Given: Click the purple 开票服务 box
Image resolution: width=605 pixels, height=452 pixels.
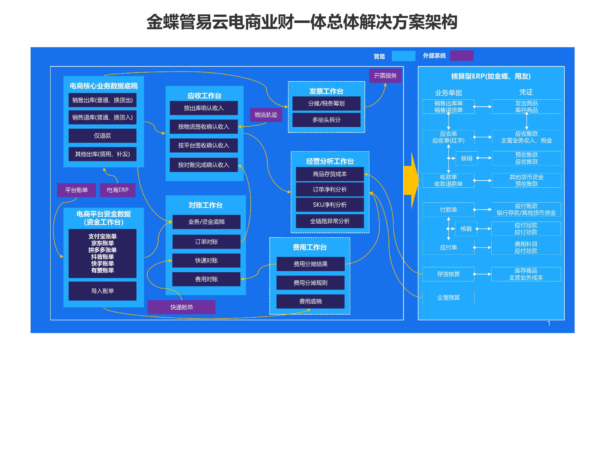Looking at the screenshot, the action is (385, 76).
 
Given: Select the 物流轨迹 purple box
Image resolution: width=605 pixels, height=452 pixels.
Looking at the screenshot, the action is (266, 115).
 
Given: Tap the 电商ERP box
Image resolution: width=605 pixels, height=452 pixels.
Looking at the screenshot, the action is (118, 190).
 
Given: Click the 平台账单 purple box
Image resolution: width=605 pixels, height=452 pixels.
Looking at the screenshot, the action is (76, 190).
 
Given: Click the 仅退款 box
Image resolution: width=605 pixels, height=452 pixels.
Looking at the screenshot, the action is (103, 136).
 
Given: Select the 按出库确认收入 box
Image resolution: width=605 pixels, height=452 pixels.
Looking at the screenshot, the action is (204, 108).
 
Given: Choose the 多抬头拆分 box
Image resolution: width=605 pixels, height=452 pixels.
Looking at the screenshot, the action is (326, 120).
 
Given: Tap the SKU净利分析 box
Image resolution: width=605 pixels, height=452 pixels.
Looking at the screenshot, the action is (330, 205).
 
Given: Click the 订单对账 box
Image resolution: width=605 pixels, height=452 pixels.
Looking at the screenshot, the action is (207, 242).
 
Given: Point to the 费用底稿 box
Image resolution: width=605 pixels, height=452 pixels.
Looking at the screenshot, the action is (310, 301).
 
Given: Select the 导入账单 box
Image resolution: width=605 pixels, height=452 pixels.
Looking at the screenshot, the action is (103, 291).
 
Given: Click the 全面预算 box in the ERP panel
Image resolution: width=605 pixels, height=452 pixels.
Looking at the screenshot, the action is (449, 298).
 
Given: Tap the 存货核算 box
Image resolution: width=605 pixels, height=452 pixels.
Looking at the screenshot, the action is (449, 274).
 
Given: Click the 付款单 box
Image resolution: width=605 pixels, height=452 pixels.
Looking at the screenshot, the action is (449, 210).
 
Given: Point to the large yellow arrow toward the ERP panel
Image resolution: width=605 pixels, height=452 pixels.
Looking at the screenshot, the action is (411, 180).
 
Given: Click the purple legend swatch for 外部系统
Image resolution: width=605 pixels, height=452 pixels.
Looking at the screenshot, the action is (462, 56).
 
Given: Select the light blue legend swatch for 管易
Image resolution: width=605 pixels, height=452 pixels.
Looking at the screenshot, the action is (403, 56).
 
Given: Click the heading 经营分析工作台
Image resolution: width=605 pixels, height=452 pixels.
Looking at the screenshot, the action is (330, 161).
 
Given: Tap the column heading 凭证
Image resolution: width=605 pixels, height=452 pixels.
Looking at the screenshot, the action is (526, 92).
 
